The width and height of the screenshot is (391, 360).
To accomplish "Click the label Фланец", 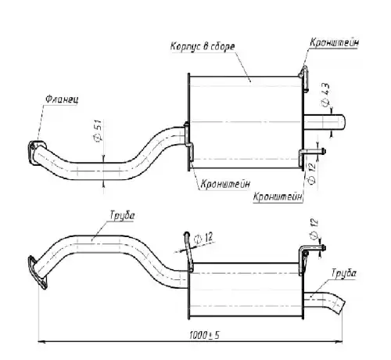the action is click(62, 99).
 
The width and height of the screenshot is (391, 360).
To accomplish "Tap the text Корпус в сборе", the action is click(203, 46).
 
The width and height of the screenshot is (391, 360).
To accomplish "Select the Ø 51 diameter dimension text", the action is click(98, 131).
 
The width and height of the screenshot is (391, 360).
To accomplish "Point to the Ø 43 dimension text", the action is click(325, 95).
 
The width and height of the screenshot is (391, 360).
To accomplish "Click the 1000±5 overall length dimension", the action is click(204, 335).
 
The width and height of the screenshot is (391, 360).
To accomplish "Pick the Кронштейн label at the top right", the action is click(334, 42).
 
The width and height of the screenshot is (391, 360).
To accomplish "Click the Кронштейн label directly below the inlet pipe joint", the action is click(225, 184).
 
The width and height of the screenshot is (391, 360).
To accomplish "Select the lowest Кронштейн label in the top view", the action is click(278, 196).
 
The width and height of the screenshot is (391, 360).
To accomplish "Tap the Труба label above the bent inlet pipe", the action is click(122, 215).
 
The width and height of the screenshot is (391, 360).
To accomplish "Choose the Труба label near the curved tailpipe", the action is click(344, 273).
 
